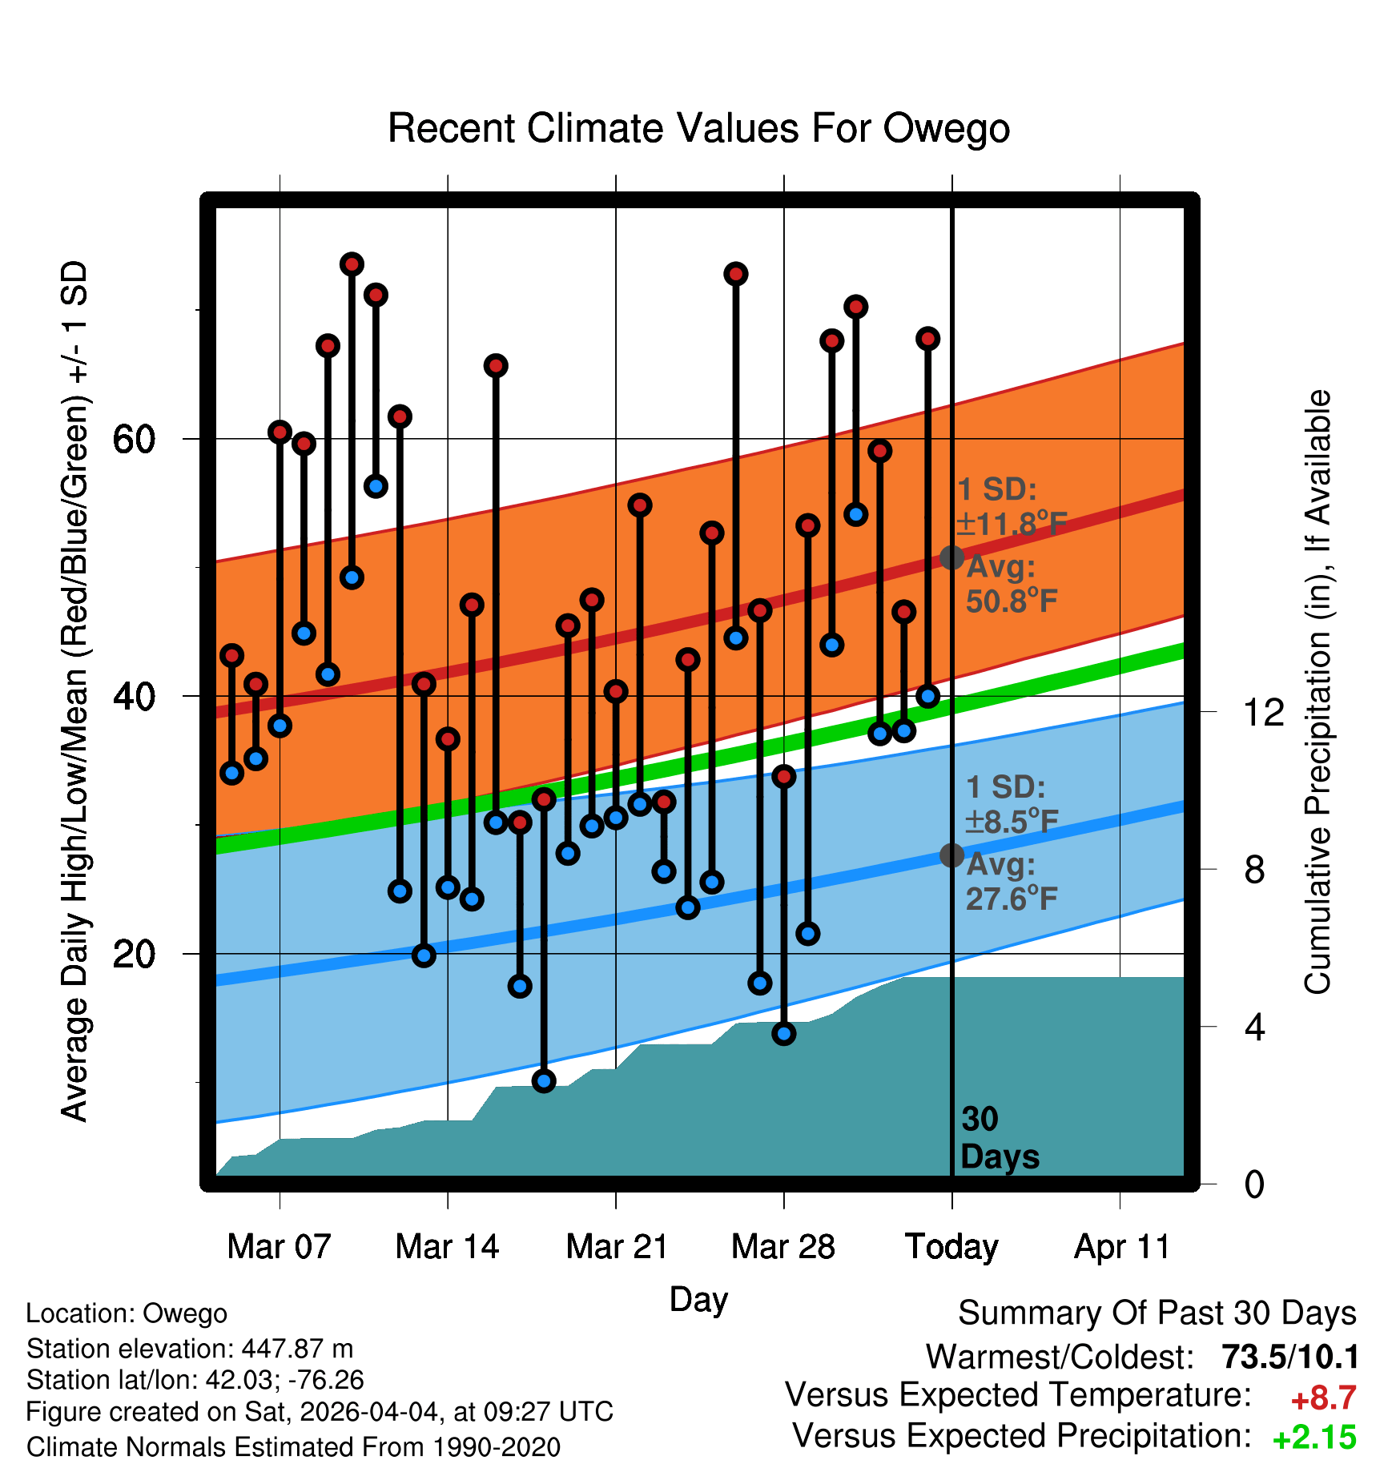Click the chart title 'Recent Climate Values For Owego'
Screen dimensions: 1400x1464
coord(698,128)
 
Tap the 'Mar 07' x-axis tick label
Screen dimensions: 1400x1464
coord(279,1247)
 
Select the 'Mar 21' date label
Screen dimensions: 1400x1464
coord(617,1247)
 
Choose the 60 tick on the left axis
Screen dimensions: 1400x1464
coord(135,439)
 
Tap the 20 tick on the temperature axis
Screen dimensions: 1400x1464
coord(135,954)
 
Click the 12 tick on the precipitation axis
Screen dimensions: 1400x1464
coord(1263,712)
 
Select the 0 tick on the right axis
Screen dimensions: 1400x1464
coord(1254,1184)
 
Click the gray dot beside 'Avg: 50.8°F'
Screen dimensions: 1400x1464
coord(951,557)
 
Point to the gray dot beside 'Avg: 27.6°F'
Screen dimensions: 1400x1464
coord(951,855)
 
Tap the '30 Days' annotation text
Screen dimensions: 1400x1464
coord(1000,1138)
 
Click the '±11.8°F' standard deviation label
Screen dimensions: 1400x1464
coord(1012,524)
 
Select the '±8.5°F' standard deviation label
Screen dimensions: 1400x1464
coord(1012,821)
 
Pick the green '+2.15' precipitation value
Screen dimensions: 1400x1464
coord(1314,1438)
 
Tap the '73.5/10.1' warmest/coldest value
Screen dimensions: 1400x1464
coord(1290,1357)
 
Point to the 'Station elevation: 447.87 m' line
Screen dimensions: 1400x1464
coord(190,1349)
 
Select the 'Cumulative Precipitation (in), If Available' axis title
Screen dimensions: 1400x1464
coord(1318,693)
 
